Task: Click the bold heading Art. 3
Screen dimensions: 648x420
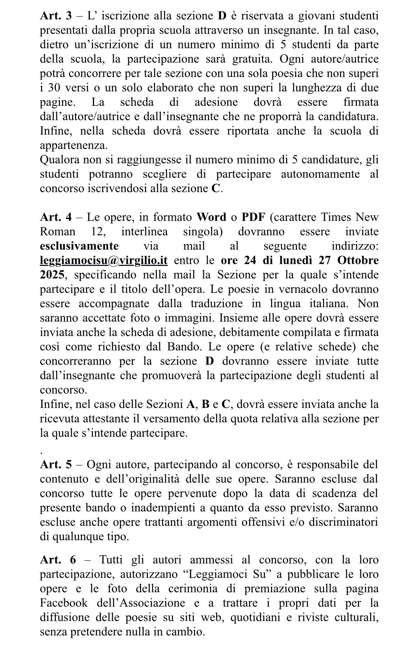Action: coord(56,16)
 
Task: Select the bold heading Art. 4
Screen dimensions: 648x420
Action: coord(56,217)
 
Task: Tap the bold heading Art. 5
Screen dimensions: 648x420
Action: coord(56,464)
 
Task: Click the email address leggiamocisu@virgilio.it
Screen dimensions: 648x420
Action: coord(104,261)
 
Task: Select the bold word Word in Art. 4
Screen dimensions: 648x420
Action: coord(211,217)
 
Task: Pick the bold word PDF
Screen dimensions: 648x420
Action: coord(253,217)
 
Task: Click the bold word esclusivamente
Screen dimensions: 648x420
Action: coord(79,246)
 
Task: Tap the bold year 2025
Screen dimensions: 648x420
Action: coord(52,275)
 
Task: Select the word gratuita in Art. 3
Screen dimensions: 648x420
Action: coord(248,59)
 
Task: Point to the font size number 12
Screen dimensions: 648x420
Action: coord(98,232)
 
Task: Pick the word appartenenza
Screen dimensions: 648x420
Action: coord(74,145)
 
